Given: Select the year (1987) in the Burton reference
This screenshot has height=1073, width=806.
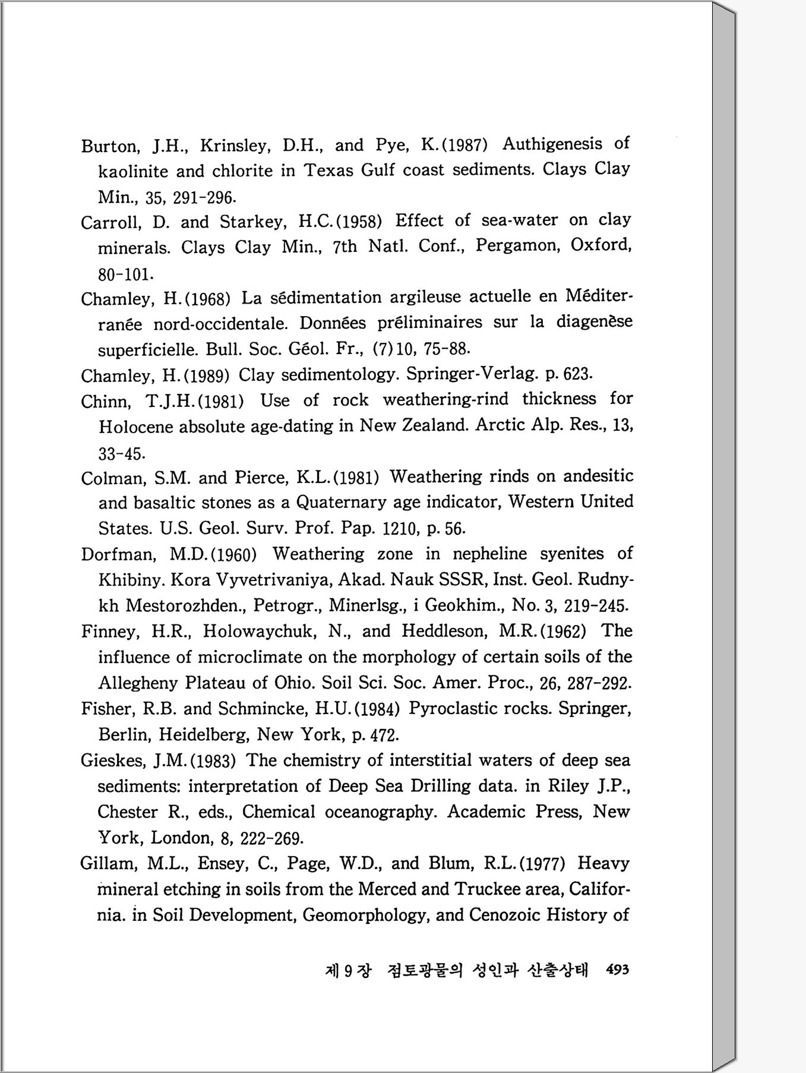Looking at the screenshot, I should [x=466, y=145].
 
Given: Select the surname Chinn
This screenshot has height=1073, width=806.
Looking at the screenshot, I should [x=105, y=402].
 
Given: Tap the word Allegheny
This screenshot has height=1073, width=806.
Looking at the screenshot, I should [x=138, y=683].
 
